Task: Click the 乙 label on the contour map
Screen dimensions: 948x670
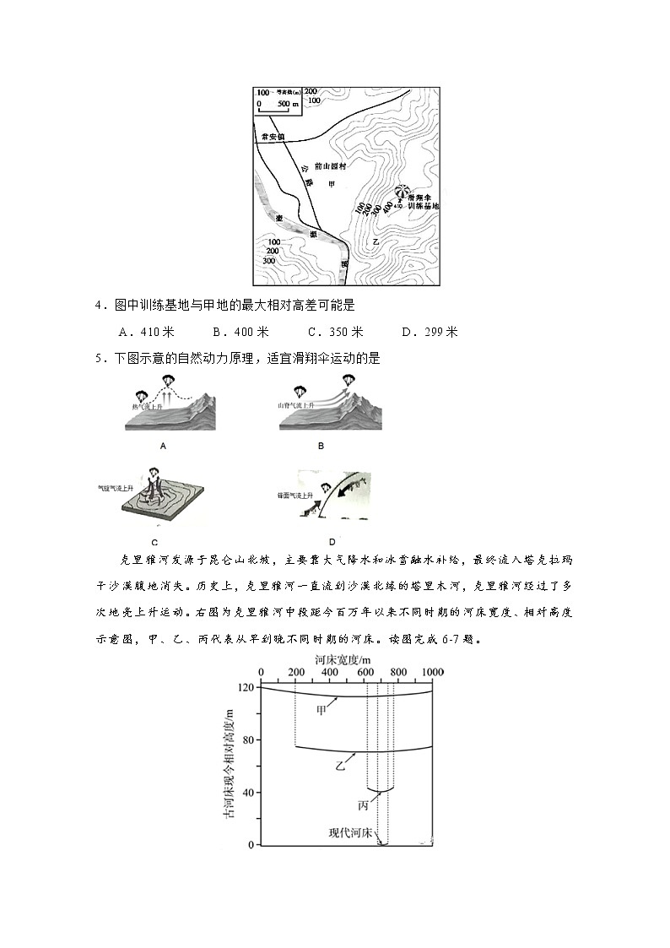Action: [377, 241]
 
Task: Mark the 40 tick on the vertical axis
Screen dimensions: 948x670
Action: [246, 793]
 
